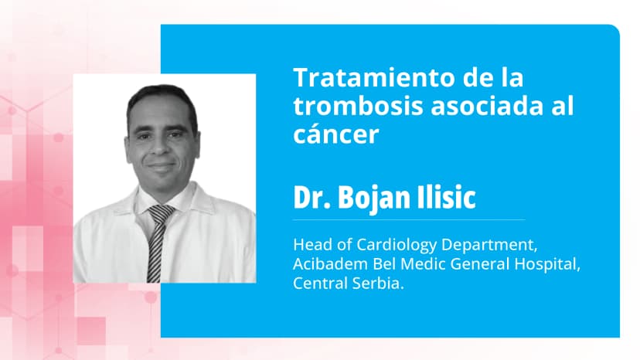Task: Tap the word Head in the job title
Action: click(310, 245)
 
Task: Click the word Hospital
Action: click(551, 264)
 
